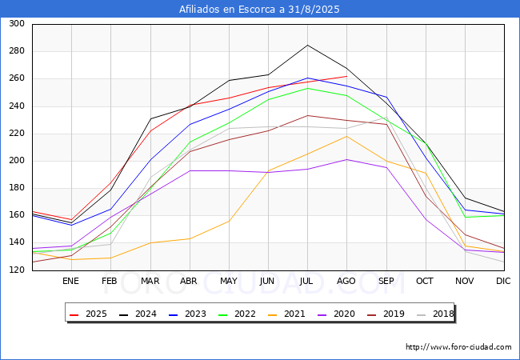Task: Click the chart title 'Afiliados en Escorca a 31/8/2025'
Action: click(259, 9)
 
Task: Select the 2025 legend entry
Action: click(88, 314)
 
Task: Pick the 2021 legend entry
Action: click(286, 314)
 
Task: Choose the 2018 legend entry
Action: click(435, 314)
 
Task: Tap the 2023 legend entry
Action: click(187, 314)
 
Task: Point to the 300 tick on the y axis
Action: click(17, 23)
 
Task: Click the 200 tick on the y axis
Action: click(17, 161)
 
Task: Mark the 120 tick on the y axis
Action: click(17, 270)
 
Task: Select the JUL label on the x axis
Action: click(306, 281)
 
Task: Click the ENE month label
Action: click(70, 281)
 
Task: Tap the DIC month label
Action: click(503, 281)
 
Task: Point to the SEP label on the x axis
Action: click(386, 281)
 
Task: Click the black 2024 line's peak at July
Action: click(307, 45)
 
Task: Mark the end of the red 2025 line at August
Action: click(347, 76)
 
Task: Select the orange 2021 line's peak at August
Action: click(347, 136)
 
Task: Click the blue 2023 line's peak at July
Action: click(307, 78)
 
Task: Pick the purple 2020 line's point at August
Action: click(347, 159)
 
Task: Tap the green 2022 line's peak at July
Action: click(307, 88)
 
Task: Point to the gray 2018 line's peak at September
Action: click(386, 118)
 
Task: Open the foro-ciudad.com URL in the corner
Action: click(458, 347)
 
